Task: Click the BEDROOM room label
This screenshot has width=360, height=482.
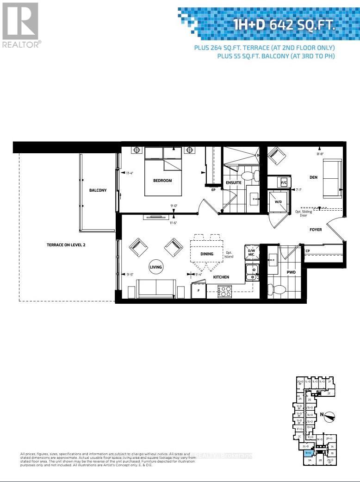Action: (x=162, y=181)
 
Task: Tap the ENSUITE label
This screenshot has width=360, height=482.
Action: (x=234, y=182)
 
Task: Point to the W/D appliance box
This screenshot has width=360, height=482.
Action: (x=279, y=202)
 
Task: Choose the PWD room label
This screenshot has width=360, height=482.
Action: (x=291, y=272)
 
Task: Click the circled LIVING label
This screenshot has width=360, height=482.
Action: (x=156, y=267)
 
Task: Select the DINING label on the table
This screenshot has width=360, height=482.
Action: (x=207, y=254)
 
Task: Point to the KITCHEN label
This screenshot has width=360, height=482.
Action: (x=221, y=277)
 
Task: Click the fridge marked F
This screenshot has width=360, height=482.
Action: (x=199, y=291)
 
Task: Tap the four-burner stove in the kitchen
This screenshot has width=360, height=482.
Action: (x=224, y=291)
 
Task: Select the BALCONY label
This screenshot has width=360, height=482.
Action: (x=98, y=190)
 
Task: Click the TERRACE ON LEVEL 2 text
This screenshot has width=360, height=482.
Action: (x=66, y=244)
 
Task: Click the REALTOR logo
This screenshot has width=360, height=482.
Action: (x=21, y=25)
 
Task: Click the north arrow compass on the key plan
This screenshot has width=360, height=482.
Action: (x=329, y=416)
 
